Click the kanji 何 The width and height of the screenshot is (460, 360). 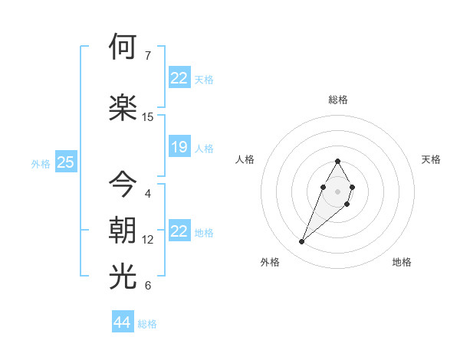click(x=123, y=47)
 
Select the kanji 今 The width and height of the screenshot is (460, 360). click(x=123, y=184)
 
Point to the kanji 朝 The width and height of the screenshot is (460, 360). click(x=123, y=231)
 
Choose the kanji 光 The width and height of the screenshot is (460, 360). click(x=123, y=277)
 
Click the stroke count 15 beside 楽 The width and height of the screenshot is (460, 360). click(x=148, y=117)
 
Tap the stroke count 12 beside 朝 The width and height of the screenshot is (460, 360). click(x=148, y=240)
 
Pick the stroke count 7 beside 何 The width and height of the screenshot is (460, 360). click(x=148, y=55)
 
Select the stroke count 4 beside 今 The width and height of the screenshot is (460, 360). click(x=148, y=193)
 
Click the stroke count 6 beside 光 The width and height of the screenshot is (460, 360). click(x=148, y=286)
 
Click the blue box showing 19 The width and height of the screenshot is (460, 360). click(x=179, y=147)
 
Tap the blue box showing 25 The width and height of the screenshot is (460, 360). click(x=65, y=162)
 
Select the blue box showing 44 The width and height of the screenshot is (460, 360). click(x=122, y=322)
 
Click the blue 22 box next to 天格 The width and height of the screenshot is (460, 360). click(x=179, y=78)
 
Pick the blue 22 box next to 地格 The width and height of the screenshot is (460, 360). click(x=179, y=231)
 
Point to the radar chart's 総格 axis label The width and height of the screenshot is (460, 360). click(x=338, y=100)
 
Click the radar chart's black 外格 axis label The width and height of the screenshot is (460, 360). click(x=270, y=262)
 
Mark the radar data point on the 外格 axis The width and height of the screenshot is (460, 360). click(x=302, y=242)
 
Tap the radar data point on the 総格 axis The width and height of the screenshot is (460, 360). click(x=338, y=161)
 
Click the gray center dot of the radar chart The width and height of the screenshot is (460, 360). click(x=338, y=190)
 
